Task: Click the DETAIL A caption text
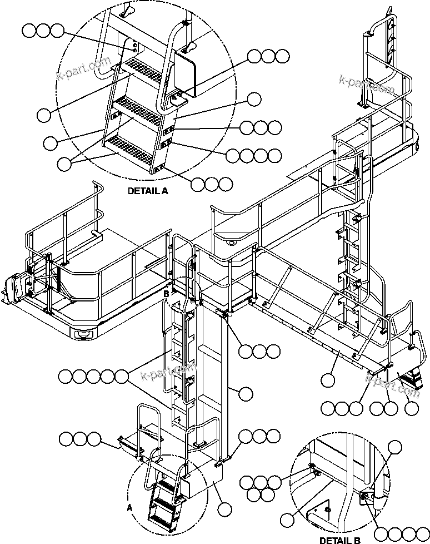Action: click(x=148, y=190)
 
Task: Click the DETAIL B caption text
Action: click(x=339, y=539)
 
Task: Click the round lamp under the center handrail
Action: click(x=231, y=240)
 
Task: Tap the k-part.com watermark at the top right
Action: click(x=367, y=82)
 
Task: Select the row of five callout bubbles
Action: click(x=93, y=377)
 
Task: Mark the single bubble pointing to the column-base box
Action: click(x=225, y=509)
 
